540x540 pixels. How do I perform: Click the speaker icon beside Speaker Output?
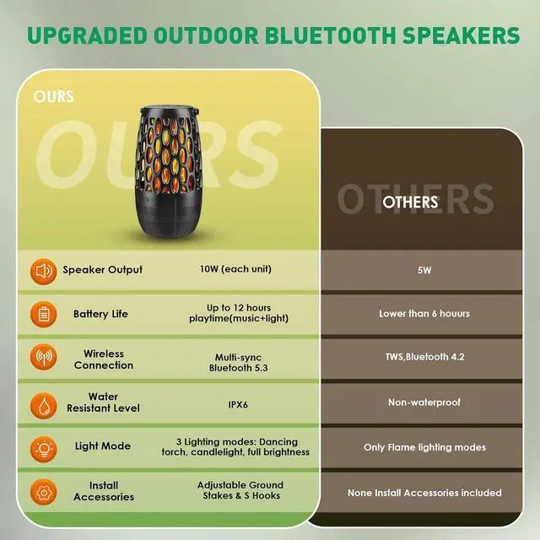click(x=44, y=271)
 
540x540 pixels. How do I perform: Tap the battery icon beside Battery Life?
click(x=44, y=315)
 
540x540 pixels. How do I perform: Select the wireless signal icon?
click(x=44, y=359)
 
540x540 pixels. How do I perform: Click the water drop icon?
click(x=44, y=403)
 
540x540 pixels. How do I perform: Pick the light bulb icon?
click(x=44, y=447)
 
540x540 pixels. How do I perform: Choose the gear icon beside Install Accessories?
click(x=44, y=491)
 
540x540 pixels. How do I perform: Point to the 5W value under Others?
click(x=424, y=272)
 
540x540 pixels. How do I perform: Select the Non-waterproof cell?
click(x=424, y=402)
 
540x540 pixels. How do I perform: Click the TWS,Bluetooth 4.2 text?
click(x=424, y=357)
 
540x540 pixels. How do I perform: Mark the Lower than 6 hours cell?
click(x=424, y=313)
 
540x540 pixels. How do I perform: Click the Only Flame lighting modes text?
click(x=424, y=447)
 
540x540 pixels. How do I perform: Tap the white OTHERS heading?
click(x=410, y=202)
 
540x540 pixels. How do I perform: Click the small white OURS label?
click(x=54, y=96)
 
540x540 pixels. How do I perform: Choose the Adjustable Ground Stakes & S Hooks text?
click(x=240, y=491)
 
